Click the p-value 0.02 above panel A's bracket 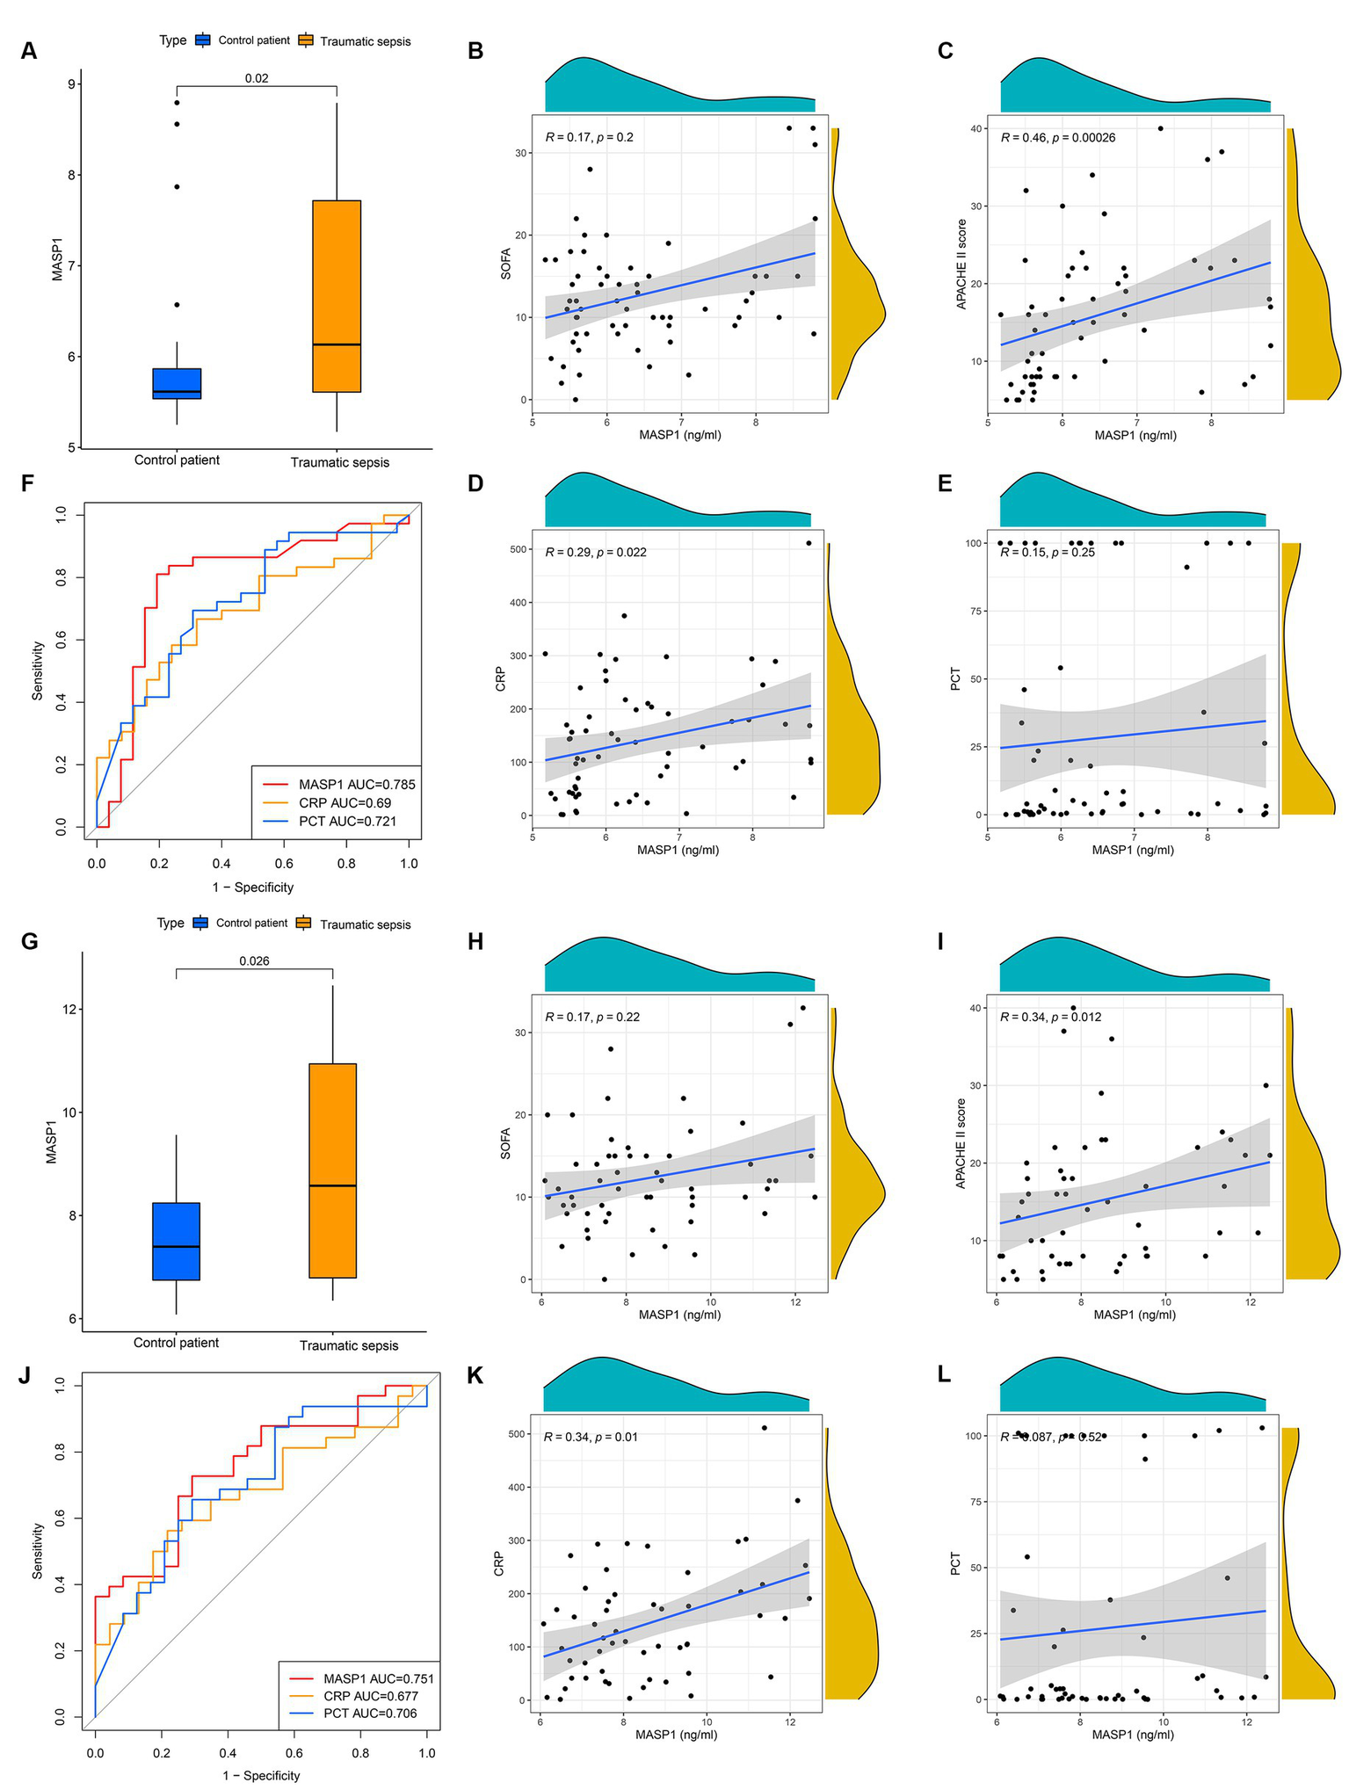tap(257, 78)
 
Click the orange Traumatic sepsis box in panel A tap(337, 295)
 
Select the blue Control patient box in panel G tap(177, 1241)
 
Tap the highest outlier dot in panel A tap(177, 103)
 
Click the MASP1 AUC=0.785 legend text tap(357, 785)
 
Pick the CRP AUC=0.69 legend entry tap(345, 803)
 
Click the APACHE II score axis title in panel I tap(961, 1143)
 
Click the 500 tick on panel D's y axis tap(516, 549)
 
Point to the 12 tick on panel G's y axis tap(64, 1009)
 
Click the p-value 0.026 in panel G tap(254, 960)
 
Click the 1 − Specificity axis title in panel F tap(253, 888)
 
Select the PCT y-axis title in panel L tap(957, 1563)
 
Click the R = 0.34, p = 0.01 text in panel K tap(591, 1437)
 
